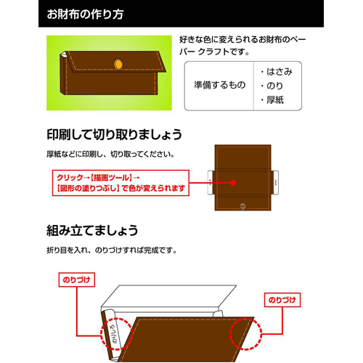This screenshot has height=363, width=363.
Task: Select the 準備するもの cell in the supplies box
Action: (x=217, y=86)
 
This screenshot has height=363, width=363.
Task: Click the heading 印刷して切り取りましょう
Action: (x=114, y=135)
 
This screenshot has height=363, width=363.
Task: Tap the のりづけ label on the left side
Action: (x=75, y=278)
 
